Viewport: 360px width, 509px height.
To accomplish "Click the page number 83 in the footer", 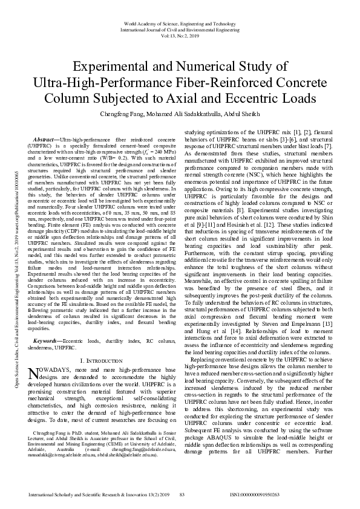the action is pos(182,494).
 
